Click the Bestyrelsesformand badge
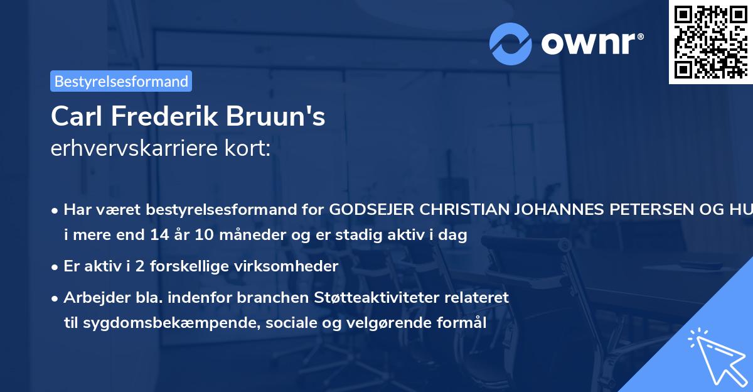121,81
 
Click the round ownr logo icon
511,43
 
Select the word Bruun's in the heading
285,117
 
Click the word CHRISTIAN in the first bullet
461,210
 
